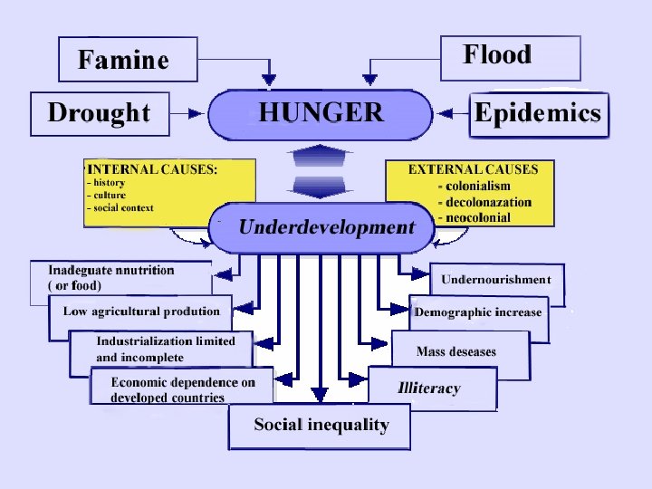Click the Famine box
click(126, 60)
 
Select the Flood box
click(510, 57)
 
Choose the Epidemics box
click(538, 113)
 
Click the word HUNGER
click(321, 113)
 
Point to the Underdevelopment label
click(326, 227)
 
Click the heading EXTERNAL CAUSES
click(473, 168)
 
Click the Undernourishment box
click(495, 280)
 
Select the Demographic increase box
click(478, 312)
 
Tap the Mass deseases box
click(456, 350)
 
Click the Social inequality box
click(321, 426)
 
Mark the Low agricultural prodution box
click(141, 312)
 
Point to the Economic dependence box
click(181, 389)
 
